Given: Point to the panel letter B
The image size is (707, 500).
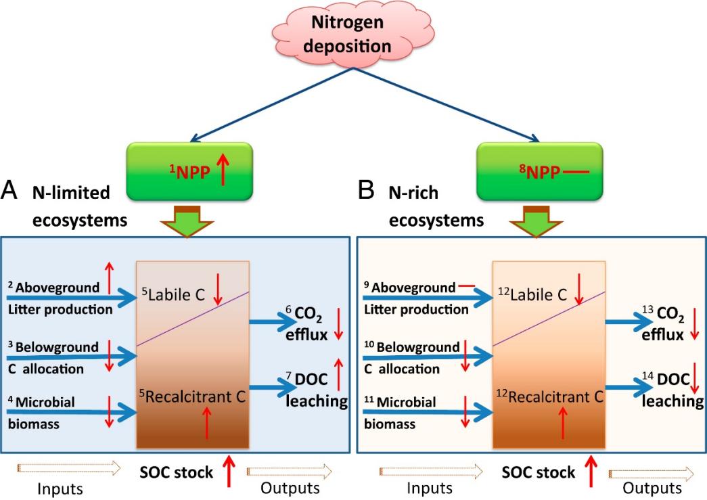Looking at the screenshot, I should pyautogui.click(x=365, y=193).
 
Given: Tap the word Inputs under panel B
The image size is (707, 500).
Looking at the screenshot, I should pyautogui.click(x=432, y=488).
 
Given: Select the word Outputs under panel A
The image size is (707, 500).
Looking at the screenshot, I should pyautogui.click(x=291, y=488).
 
